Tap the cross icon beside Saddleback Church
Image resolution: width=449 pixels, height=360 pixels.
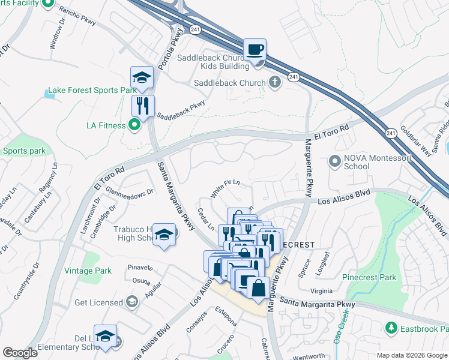click(x=276, y=82)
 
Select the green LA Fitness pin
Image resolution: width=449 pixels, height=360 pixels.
click(x=135, y=125)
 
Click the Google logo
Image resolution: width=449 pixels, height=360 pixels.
click(x=20, y=353)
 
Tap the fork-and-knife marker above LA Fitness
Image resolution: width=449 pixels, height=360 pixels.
click(x=143, y=106)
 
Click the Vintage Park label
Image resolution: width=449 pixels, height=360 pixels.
click(x=87, y=271)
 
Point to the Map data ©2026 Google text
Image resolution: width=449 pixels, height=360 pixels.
click(x=411, y=355)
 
